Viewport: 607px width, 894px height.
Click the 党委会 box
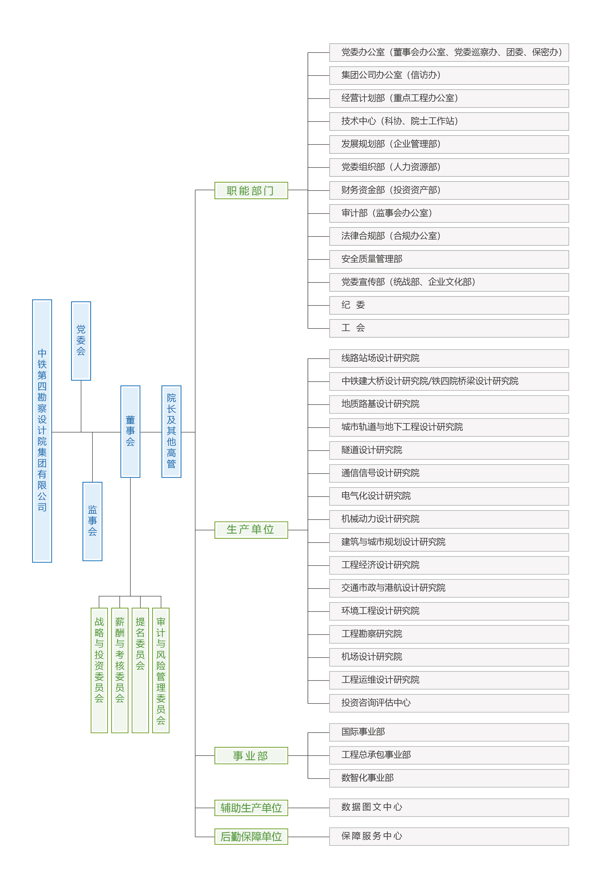[x=81, y=341]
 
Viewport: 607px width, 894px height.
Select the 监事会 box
[x=92, y=521]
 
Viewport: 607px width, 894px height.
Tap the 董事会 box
[x=130, y=431]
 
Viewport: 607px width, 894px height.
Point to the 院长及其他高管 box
[x=171, y=431]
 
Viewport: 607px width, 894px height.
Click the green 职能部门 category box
[x=251, y=190]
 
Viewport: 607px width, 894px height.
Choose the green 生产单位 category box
[x=251, y=530]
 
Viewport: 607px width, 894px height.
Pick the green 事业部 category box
[x=251, y=756]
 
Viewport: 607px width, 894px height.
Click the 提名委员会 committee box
[x=140, y=670]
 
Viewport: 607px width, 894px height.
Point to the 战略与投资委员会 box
[x=99, y=670]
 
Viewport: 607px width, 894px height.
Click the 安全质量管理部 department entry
[x=449, y=259]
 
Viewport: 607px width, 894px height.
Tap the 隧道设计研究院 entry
[x=449, y=450]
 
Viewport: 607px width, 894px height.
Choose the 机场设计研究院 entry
[x=449, y=657]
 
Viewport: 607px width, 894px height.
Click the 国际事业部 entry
[x=449, y=732]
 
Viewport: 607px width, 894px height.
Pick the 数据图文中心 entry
[x=449, y=807]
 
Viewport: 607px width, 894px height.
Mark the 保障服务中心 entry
[x=449, y=836]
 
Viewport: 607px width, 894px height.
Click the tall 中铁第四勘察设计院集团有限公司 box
[x=42, y=431]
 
